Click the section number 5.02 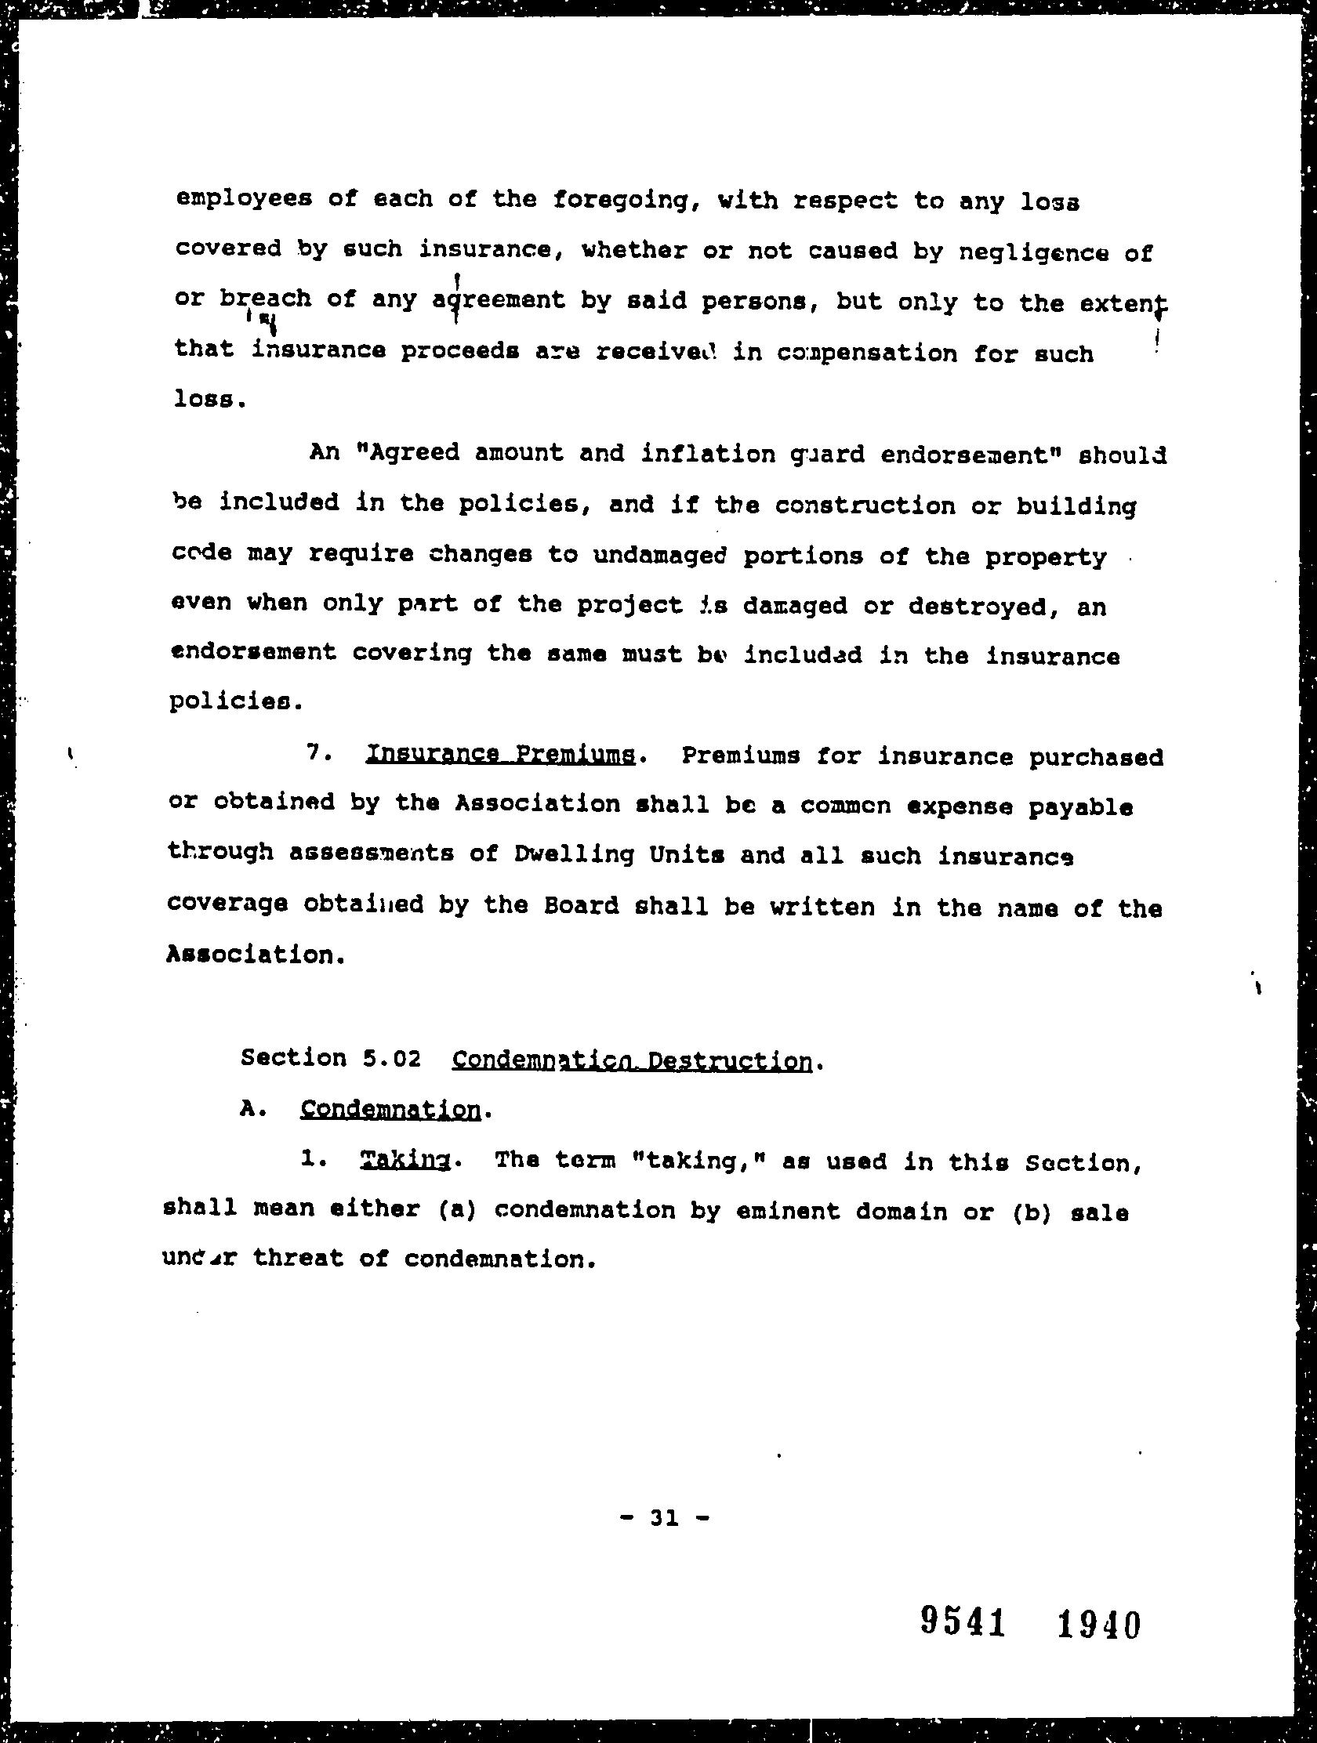coord(392,1058)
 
